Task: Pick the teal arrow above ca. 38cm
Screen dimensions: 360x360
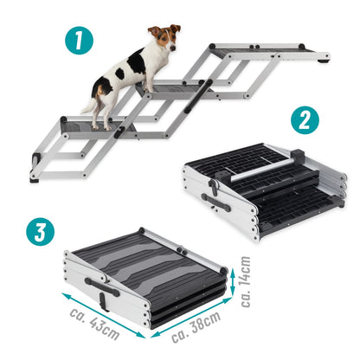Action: tap(192, 318)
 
